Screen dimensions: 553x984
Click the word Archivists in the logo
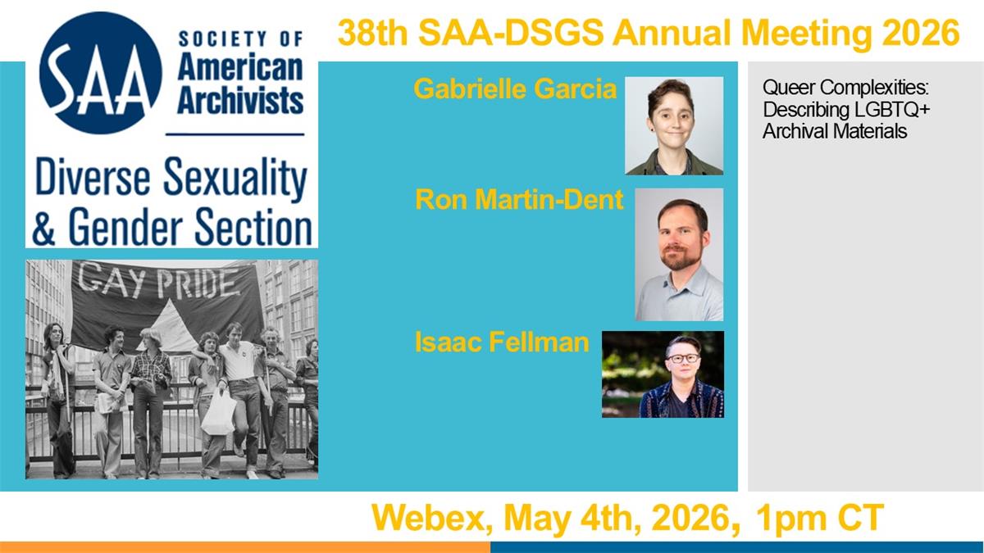tap(240, 102)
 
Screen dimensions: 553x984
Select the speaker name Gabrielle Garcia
tap(515, 88)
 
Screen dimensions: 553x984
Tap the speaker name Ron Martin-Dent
tap(519, 199)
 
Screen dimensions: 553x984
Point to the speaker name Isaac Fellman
tap(502, 342)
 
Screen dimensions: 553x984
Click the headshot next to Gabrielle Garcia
tap(674, 126)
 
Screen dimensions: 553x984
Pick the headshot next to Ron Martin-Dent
tap(679, 255)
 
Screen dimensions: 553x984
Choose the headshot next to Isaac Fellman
tap(663, 374)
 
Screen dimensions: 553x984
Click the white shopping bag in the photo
tap(219, 413)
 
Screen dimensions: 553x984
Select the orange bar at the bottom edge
tap(245, 547)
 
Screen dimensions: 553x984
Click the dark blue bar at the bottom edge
tap(737, 547)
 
